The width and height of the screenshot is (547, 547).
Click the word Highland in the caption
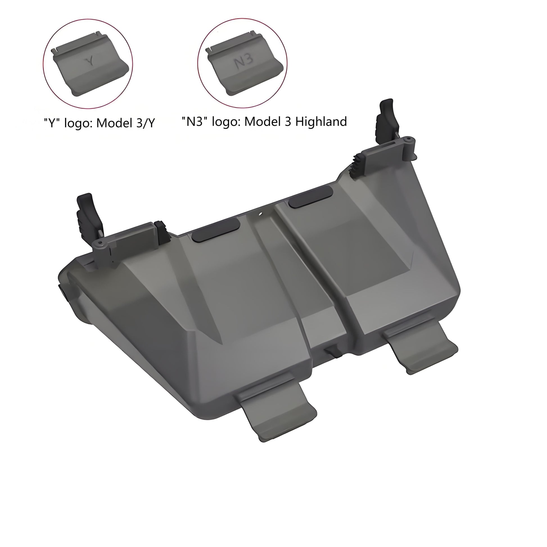pos(321,122)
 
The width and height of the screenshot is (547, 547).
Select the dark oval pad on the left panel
pos(216,230)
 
